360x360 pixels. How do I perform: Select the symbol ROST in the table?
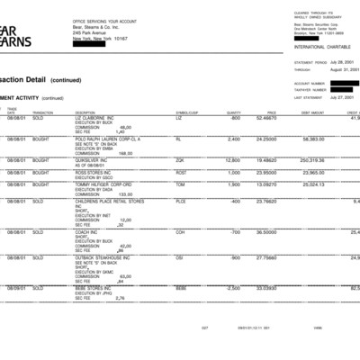(181, 172)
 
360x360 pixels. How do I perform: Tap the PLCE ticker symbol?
(181, 202)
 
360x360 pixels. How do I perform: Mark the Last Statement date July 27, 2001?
(330, 98)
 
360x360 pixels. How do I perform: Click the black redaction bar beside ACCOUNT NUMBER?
(346, 83)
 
